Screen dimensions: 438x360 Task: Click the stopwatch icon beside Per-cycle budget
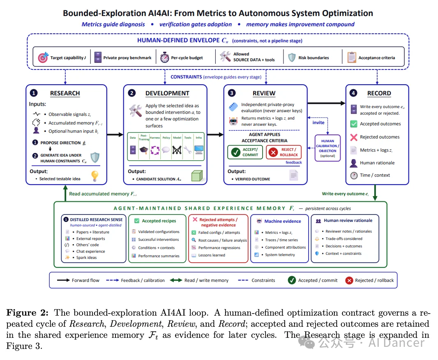[164, 58]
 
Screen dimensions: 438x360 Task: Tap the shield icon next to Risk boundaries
[292, 58]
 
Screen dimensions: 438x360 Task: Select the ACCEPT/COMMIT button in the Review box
[245, 152]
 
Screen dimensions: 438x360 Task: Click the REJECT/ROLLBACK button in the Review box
[284, 152]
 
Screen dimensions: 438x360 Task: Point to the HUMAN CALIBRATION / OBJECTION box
[327, 148]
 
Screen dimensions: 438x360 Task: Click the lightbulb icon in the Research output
[95, 176]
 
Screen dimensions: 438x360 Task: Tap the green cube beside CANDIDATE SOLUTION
[197, 175]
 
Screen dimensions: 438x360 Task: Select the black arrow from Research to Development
[115, 135]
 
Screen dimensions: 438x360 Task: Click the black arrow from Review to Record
[326, 103]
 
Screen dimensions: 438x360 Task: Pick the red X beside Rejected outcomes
[354, 137]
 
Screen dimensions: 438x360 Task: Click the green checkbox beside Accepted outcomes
[354, 124]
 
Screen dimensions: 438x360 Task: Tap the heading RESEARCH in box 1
[65, 93]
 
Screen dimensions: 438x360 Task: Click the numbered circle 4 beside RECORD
[353, 93]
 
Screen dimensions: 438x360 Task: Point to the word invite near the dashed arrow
[318, 122]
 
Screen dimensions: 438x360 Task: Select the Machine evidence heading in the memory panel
[283, 221]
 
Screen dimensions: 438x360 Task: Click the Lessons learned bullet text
[212, 255]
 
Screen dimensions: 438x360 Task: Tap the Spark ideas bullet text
[87, 258]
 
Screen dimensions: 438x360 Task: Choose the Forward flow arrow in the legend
[63, 280]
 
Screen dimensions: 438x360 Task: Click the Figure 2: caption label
[28, 312]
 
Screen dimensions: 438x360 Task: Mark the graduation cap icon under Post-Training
[144, 150]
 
